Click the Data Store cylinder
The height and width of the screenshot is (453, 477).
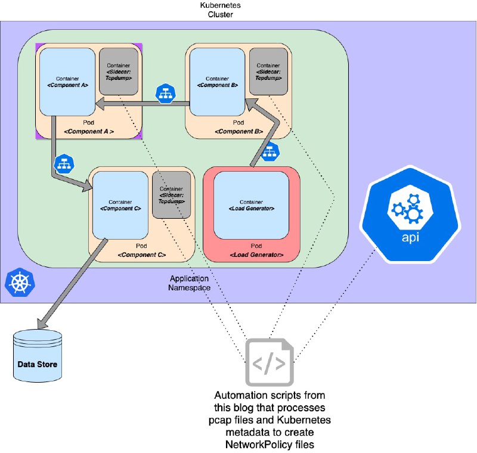click(x=38, y=356)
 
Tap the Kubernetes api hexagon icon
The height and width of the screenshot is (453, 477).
click(x=410, y=215)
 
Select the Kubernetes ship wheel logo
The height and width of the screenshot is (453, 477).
click(x=20, y=282)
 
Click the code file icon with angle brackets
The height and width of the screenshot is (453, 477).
click(x=270, y=362)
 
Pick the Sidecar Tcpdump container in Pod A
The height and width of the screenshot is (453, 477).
click(x=119, y=72)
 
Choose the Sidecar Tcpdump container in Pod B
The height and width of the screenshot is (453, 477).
click(x=268, y=72)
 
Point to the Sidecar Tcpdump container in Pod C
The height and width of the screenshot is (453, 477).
click(x=171, y=195)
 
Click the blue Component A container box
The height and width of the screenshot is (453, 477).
click(x=67, y=82)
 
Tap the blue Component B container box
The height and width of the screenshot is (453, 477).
click(x=217, y=82)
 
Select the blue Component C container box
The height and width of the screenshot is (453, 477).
click(x=120, y=205)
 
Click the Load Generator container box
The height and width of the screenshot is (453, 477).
click(x=251, y=205)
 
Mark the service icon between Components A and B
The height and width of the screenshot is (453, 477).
click(x=166, y=94)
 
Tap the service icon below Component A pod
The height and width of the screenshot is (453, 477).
click(x=64, y=164)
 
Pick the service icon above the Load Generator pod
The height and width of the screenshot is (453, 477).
click(x=270, y=151)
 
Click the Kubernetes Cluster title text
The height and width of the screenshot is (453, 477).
click(x=220, y=10)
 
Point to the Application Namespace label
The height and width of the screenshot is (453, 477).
click(x=189, y=283)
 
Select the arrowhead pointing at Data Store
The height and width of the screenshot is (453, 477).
click(x=42, y=324)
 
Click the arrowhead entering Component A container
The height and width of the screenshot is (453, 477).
click(x=100, y=104)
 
